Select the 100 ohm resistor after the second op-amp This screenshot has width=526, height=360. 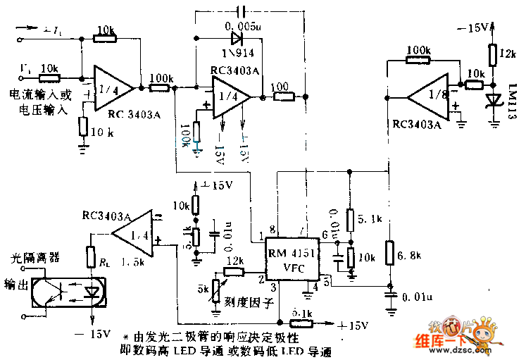(x=284, y=96)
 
